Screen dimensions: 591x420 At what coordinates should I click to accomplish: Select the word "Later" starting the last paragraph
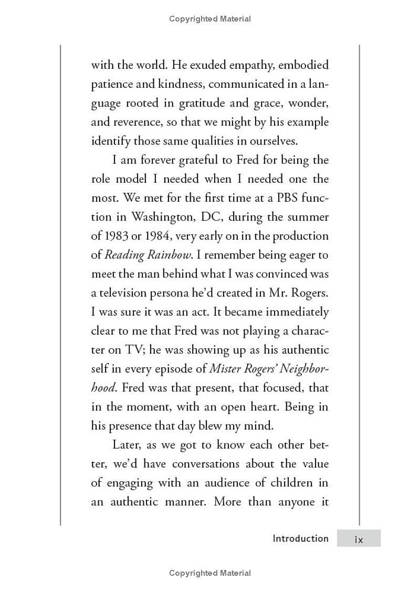coord(127,445)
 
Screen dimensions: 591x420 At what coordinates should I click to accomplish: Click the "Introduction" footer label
coord(300,538)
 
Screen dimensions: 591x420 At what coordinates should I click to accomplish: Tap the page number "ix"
coord(359,539)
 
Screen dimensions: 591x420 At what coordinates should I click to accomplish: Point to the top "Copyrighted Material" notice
coord(210,19)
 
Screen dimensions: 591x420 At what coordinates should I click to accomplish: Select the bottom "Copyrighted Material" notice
coord(210,573)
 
